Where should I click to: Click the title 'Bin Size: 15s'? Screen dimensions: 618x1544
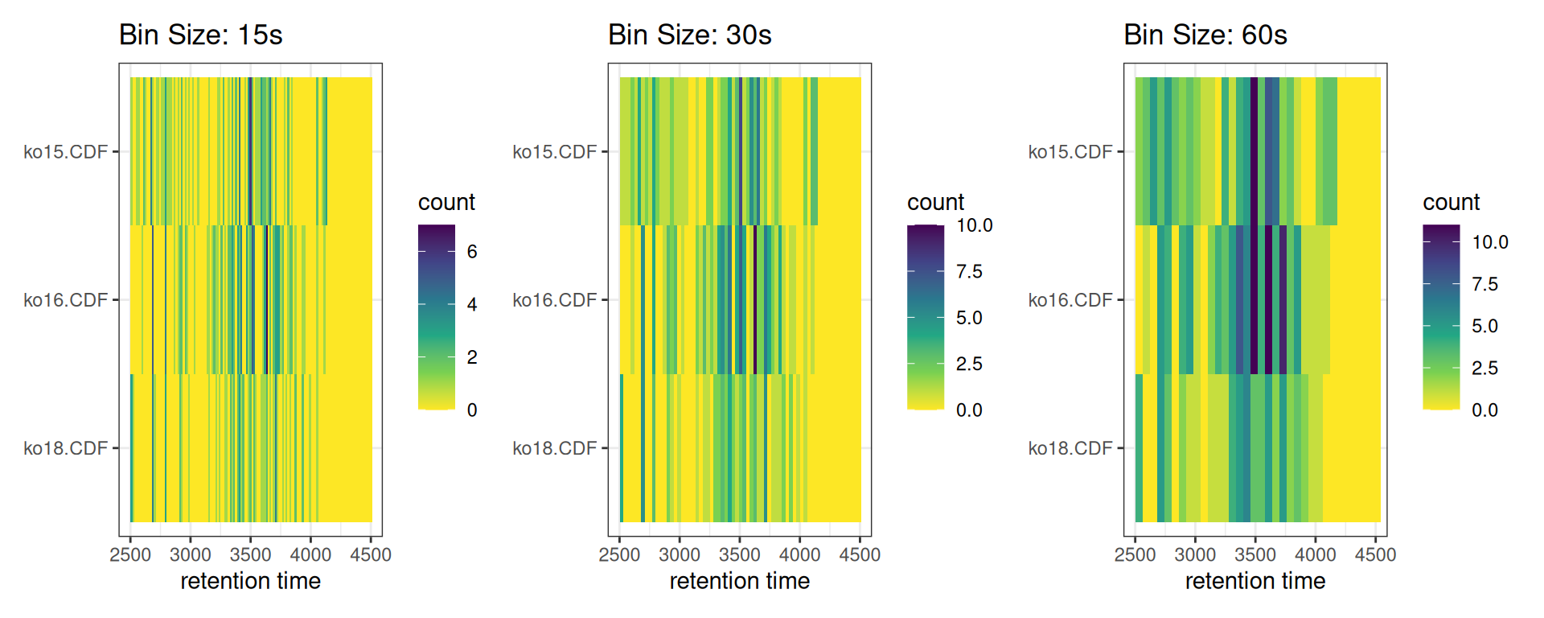click(200, 35)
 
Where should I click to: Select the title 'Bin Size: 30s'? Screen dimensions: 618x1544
click(689, 35)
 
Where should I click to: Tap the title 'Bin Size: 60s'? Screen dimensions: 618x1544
click(1205, 35)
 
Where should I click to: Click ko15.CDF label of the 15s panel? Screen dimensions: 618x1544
click(65, 152)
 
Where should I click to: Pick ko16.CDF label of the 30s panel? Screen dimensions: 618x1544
click(554, 300)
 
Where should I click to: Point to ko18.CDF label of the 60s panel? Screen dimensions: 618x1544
click(1070, 448)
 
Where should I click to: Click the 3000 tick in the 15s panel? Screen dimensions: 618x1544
click(191, 554)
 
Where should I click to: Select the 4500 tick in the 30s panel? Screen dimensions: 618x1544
click(860, 554)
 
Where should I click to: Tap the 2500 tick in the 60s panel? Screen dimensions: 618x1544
click(1135, 554)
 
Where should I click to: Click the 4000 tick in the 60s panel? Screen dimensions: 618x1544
click(1315, 554)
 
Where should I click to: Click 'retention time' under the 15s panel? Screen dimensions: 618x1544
click(250, 581)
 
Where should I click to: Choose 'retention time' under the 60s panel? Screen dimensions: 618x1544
click(1254, 581)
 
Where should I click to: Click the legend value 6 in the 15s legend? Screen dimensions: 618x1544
click(472, 252)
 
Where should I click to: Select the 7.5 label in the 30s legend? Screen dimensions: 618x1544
click(969, 271)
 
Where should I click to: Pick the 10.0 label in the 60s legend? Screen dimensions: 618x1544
click(1489, 242)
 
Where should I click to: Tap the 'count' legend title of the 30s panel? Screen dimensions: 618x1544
click(935, 202)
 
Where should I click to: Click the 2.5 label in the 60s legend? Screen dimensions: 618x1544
click(1484, 368)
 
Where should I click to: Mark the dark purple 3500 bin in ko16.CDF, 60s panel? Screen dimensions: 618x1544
click(1254, 299)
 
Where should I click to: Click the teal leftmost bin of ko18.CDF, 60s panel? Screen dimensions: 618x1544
click(1139, 448)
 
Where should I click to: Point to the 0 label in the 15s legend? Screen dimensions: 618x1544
click(472, 410)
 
